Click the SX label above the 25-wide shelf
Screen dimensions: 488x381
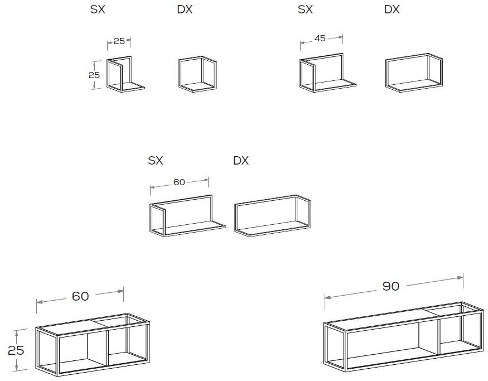98,9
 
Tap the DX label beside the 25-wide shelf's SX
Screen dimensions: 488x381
185,9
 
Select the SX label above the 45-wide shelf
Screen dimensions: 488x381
305,9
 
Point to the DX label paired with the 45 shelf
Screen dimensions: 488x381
392,9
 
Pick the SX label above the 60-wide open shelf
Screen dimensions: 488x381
155,160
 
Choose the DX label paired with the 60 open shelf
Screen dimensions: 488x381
241,160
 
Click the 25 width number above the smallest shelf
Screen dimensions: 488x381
119,41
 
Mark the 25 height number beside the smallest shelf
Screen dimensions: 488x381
94,75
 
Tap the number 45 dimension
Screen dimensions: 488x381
320,38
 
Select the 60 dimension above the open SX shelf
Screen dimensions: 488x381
179,182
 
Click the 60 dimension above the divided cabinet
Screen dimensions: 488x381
80,296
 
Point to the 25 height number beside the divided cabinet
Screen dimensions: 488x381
16,350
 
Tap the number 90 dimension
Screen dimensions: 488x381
390,286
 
